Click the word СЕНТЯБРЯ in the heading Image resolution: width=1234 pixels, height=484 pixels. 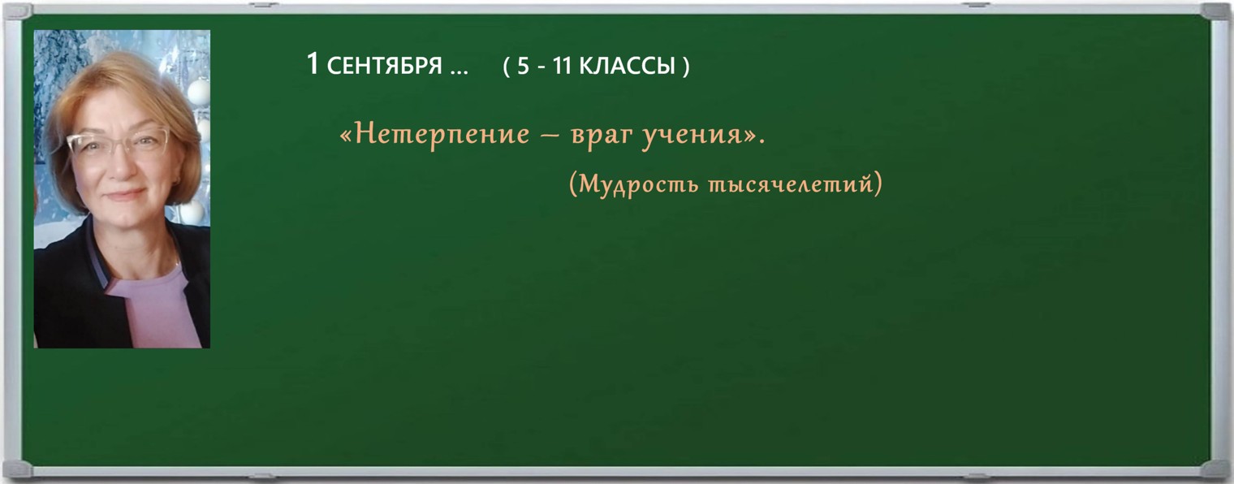point(385,66)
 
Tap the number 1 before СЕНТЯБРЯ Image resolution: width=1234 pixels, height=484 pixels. point(313,64)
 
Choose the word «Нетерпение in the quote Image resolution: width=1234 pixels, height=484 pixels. point(434,134)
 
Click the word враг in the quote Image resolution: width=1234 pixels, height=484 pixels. point(599,136)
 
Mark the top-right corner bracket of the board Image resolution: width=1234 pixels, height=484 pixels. point(1215,11)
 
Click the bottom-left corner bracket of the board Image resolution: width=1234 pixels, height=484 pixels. point(18,469)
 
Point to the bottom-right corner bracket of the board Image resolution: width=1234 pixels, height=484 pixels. point(1215,469)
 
